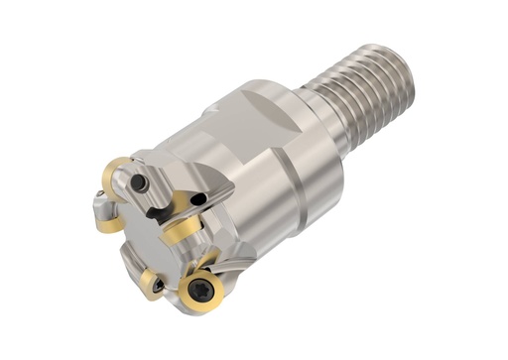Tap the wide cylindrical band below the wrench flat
pos(288,198)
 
